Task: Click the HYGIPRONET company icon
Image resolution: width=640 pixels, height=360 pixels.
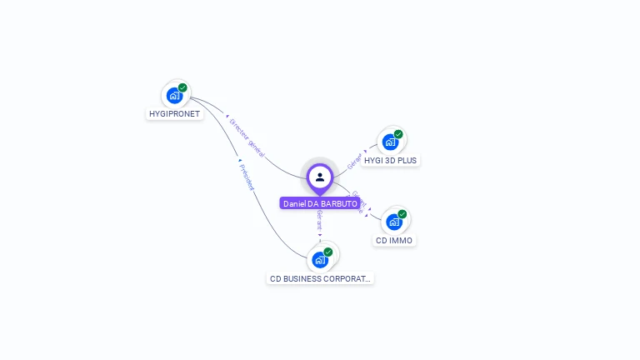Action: click(x=174, y=95)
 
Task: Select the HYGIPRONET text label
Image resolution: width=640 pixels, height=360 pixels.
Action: click(x=175, y=114)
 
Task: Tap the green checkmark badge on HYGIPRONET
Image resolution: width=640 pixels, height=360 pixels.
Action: click(x=182, y=87)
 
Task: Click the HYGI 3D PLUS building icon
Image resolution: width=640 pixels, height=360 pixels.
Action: click(x=390, y=142)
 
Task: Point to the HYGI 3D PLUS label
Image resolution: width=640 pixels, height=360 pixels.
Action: click(x=391, y=160)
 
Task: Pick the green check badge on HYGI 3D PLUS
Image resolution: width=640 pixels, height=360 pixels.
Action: click(x=398, y=134)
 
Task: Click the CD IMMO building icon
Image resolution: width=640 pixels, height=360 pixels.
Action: click(x=394, y=222)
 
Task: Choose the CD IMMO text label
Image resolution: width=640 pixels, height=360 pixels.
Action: click(x=394, y=241)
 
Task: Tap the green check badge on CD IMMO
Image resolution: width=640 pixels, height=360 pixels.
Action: click(x=402, y=214)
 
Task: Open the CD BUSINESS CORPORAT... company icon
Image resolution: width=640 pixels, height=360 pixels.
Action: click(x=320, y=259)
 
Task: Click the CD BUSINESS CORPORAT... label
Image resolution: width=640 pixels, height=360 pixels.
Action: click(x=321, y=278)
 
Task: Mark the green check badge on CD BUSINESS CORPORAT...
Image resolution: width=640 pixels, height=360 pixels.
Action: click(x=328, y=252)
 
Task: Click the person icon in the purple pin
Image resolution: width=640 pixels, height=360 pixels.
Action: click(x=320, y=177)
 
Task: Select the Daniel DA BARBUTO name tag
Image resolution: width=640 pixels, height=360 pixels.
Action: click(x=320, y=203)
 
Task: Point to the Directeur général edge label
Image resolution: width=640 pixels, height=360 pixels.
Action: click(x=247, y=137)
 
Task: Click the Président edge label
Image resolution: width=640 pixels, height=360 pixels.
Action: click(x=247, y=177)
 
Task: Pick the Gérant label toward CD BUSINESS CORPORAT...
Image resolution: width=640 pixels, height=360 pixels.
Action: click(x=320, y=222)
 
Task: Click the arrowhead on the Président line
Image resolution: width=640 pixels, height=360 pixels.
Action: click(x=239, y=160)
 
